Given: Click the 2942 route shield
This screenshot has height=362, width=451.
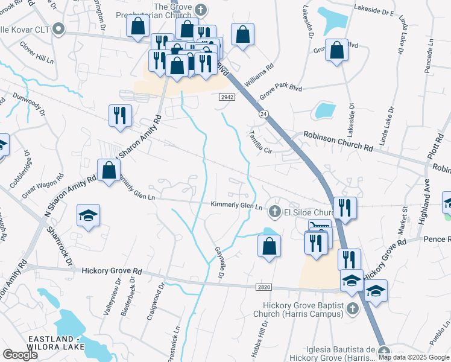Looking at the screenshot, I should [x=227, y=97].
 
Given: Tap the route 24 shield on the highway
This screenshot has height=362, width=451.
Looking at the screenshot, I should [x=263, y=113].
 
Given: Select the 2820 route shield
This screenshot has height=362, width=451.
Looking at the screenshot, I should [x=263, y=288].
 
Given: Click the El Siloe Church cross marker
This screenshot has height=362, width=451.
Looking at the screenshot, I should [x=274, y=211].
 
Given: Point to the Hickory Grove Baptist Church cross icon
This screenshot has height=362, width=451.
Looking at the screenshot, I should [x=353, y=310].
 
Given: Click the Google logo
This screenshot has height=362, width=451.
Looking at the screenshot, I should [x=20, y=355].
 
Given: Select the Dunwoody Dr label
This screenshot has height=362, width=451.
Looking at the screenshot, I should [x=26, y=103].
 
